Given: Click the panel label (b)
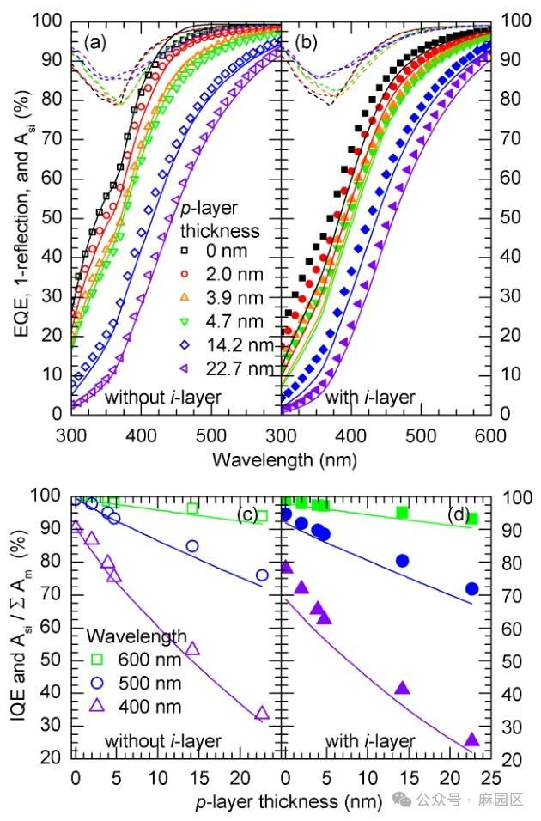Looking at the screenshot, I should coord(308,41).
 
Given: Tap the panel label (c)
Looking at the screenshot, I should coord(250,515).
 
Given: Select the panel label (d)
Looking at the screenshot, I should coord(460,515).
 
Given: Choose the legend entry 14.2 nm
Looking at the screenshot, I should coord(225,345).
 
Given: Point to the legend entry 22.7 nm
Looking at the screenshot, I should coord(225,369).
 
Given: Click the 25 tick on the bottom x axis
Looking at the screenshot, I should coord(490,780).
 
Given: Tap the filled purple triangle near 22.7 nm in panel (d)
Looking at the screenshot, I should coord(471,740).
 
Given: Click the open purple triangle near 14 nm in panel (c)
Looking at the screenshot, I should coord(192,648).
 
